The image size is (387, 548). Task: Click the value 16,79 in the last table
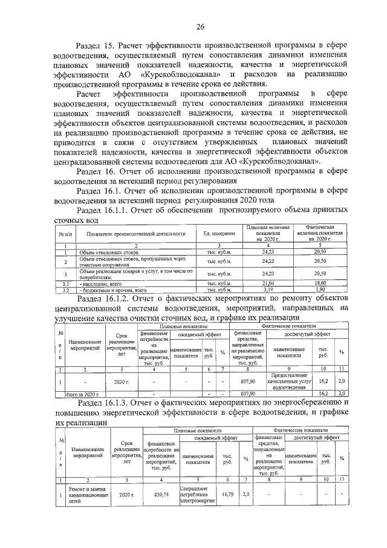coord(227,495)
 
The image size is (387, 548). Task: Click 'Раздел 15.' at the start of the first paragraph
coord(94,45)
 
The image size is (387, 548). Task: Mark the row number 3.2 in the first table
coord(68,290)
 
